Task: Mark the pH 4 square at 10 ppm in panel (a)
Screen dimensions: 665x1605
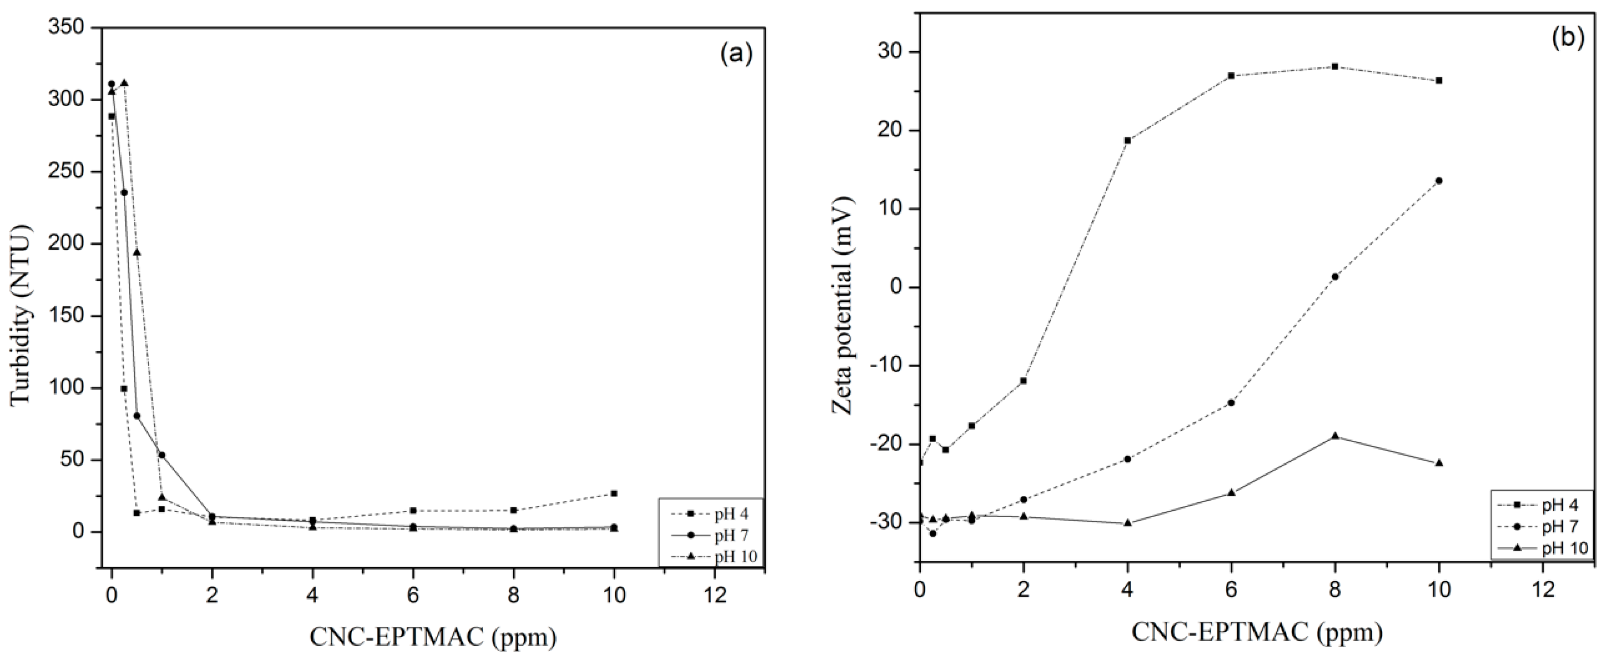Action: pos(614,493)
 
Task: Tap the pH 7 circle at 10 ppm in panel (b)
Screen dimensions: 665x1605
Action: pos(1439,181)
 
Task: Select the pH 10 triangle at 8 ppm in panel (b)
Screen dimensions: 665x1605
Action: pos(1335,436)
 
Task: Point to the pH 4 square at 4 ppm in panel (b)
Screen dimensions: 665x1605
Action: pos(1127,140)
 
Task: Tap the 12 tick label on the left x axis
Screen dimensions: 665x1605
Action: pos(714,596)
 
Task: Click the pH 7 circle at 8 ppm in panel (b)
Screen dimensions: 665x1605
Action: pos(1335,277)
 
